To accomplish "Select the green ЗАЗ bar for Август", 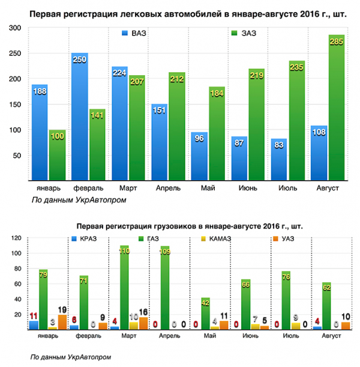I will click(336, 108).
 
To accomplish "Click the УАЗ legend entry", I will click(287, 239).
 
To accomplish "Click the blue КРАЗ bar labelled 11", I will click(34, 325).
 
